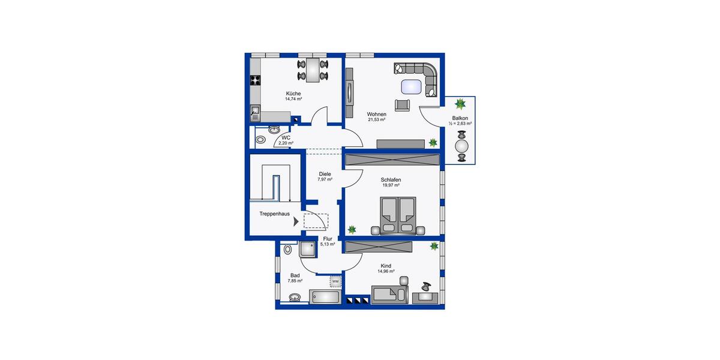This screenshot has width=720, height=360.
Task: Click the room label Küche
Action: coord(293,94)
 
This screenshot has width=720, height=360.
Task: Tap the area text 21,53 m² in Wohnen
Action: coord(376,119)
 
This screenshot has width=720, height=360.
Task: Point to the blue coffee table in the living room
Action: coord(411,87)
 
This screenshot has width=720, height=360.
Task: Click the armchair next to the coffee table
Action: coord(403,104)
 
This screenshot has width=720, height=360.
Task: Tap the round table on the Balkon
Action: coord(461,146)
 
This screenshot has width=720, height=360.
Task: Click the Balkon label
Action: coord(460,118)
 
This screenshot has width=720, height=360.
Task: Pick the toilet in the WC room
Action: coord(261,139)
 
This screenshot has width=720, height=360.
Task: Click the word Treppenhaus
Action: coord(275,214)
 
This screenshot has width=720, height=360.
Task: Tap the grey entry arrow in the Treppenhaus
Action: coord(296,221)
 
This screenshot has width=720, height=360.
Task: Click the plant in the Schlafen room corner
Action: coord(352,229)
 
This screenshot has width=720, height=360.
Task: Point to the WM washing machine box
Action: coord(335,281)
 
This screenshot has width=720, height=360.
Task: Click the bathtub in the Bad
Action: coord(325,297)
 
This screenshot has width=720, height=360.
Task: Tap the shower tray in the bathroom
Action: coord(309,250)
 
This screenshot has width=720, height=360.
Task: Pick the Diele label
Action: coord(325,174)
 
